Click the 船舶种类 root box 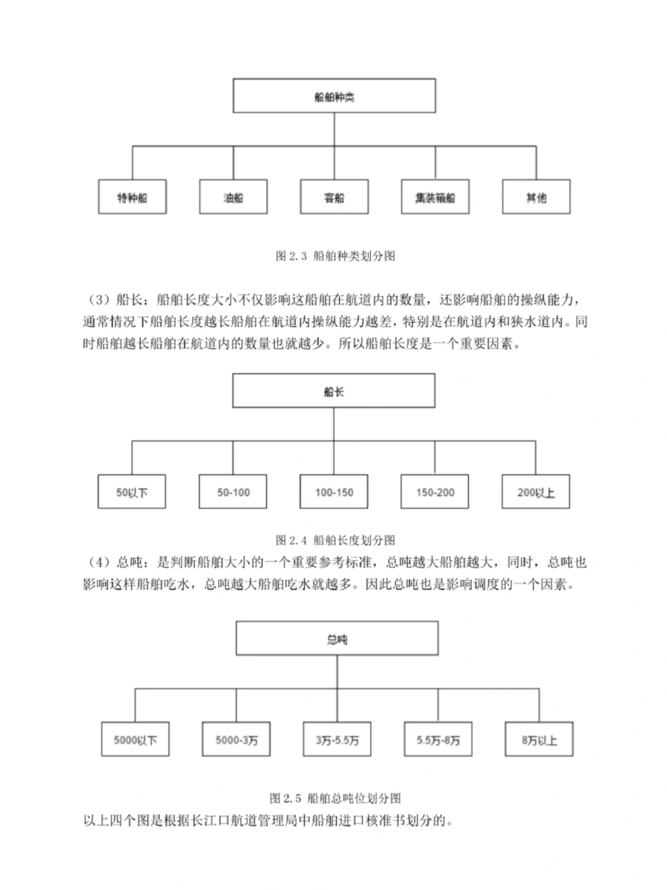click(334, 96)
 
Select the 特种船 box click(132, 197)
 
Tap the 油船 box click(233, 197)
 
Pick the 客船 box click(334, 197)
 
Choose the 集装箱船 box click(435, 197)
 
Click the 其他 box click(536, 197)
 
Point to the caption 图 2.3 click(335, 256)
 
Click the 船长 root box click(333, 391)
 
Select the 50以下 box click(132, 492)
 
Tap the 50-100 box click(233, 492)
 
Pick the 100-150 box click(333, 492)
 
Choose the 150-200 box click(435, 492)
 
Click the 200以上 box click(535, 492)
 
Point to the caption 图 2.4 click(335, 540)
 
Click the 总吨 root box click(337, 638)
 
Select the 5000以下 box click(135, 740)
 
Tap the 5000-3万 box click(237, 740)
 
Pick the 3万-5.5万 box click(337, 740)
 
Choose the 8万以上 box click(539, 740)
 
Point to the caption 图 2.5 click(335, 798)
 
